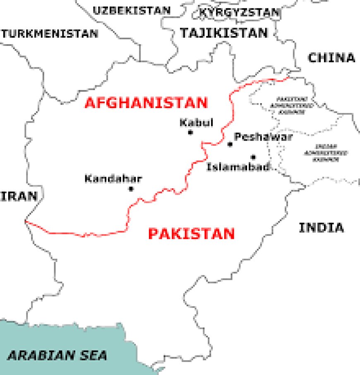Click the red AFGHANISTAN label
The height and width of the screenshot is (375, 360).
pyautogui.click(x=146, y=103)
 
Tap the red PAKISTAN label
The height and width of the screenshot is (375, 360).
pyautogui.click(x=191, y=234)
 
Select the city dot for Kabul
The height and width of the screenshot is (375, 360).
pyautogui.click(x=190, y=132)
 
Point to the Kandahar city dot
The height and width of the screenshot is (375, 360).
pyautogui.click(x=131, y=189)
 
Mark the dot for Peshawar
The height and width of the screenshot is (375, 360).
pyautogui.click(x=230, y=144)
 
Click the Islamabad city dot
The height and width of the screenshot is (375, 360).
pyautogui.click(x=253, y=157)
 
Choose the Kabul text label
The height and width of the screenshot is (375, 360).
pyautogui.click(x=196, y=123)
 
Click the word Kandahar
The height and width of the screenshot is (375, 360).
pyautogui.click(x=113, y=179)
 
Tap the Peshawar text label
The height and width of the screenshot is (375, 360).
pyautogui.click(x=263, y=137)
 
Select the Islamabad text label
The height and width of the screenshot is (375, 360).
pyautogui.click(x=238, y=167)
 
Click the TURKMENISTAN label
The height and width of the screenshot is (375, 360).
pyautogui.click(x=50, y=34)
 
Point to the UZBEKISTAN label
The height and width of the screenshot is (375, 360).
pyautogui.click(x=131, y=10)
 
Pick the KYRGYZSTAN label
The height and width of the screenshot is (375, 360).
pyautogui.click(x=239, y=13)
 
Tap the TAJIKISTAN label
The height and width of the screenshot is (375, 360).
pyautogui.click(x=223, y=33)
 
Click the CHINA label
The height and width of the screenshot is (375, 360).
pyautogui.click(x=331, y=58)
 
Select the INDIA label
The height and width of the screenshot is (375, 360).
pyautogui.click(x=321, y=227)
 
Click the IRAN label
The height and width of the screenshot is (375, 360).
pyautogui.click(x=18, y=196)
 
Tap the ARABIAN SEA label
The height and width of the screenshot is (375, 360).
pyautogui.click(x=58, y=355)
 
